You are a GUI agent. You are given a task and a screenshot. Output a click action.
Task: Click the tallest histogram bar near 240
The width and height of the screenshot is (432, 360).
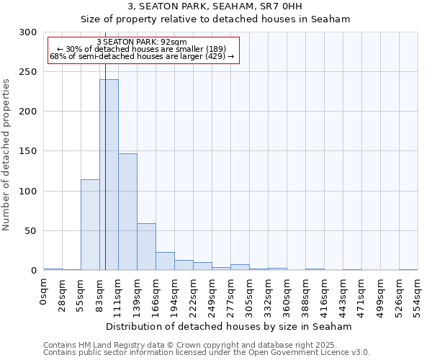109,175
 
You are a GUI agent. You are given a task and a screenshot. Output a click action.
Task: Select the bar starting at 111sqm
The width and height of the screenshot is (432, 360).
127,212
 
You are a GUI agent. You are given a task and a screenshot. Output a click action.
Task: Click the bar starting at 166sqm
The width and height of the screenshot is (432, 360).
165,261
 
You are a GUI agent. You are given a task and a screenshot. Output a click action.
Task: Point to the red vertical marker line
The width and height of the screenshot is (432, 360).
105,144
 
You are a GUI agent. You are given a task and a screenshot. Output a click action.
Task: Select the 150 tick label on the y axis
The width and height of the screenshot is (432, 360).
28,151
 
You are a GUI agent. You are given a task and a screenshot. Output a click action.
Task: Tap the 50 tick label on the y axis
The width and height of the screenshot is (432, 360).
31,231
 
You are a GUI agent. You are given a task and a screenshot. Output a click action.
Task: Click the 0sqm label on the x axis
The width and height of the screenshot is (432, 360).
44,292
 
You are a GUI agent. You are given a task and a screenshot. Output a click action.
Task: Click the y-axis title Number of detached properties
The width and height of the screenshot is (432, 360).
6,155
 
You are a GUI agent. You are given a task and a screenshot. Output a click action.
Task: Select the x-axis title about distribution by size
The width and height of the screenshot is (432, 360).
228,326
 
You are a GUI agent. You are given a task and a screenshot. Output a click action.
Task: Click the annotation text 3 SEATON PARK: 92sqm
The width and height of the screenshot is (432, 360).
142,42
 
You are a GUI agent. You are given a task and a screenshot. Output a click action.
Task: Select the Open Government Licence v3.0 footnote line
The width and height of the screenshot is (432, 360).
207,353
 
